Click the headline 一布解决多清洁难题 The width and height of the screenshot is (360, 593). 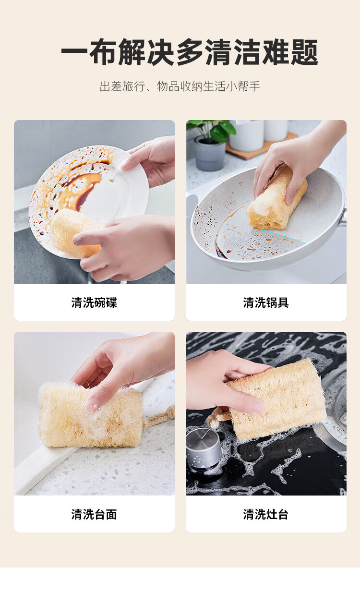(190, 52)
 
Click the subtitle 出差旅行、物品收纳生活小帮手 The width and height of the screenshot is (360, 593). (180, 86)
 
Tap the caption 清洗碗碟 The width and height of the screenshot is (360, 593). (94, 303)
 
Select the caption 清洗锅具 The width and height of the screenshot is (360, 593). (266, 303)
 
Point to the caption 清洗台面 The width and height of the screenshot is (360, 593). (94, 514)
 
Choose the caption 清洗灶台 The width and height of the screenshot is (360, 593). (266, 514)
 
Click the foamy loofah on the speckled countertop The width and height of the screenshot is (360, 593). (90, 416)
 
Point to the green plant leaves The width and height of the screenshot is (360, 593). (212, 130)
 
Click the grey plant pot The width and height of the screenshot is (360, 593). (210, 154)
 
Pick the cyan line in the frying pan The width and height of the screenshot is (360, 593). (281, 236)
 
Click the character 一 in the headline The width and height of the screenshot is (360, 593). (74, 52)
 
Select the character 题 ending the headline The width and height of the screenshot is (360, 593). (304, 52)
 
